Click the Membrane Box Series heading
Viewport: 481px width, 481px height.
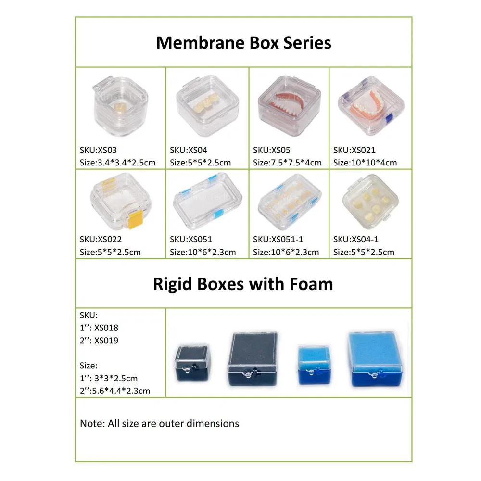pyautogui.click(x=243, y=42)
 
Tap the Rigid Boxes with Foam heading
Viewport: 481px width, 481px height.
pyautogui.click(x=243, y=284)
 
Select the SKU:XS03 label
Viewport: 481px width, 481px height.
pyautogui.click(x=98, y=150)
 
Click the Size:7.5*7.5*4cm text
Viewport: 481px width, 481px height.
pyautogui.click(x=287, y=163)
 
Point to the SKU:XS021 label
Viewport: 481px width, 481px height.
pyautogui.click(x=354, y=150)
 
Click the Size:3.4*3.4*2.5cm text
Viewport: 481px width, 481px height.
pyautogui.click(x=118, y=163)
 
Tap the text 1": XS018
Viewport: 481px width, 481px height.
pyautogui.click(x=99, y=328)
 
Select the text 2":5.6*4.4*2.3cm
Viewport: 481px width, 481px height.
pyautogui.click(x=115, y=391)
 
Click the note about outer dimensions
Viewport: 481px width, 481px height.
pyautogui.click(x=159, y=424)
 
